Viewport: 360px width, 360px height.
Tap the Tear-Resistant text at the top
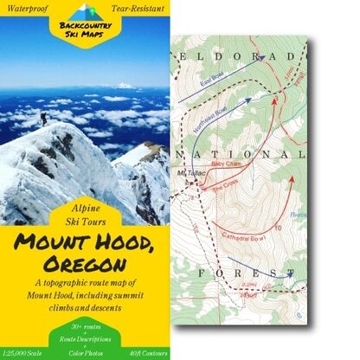[138, 8]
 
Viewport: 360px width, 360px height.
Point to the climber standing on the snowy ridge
[43, 118]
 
